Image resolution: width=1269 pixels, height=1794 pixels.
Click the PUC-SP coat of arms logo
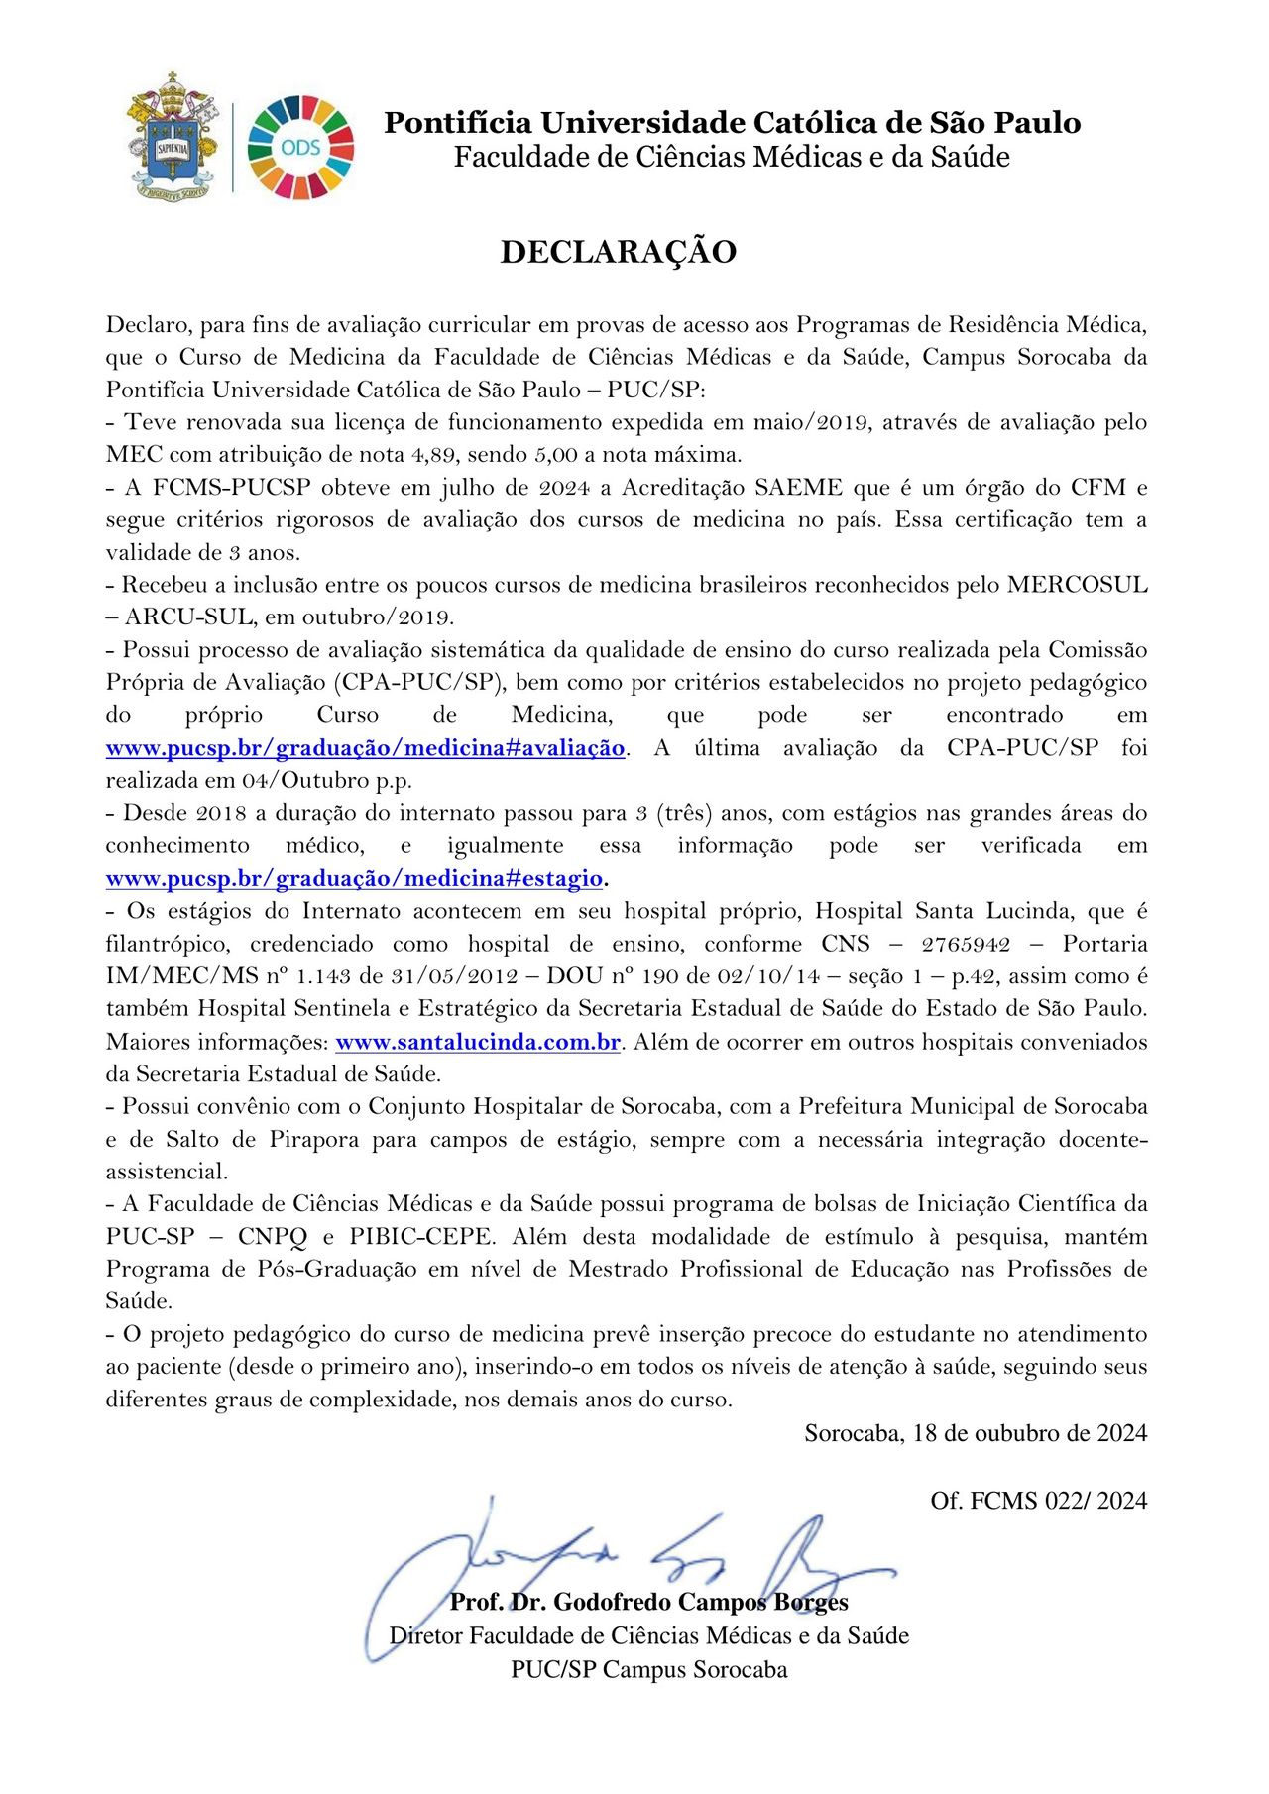173,136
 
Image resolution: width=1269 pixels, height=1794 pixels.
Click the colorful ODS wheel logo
300,148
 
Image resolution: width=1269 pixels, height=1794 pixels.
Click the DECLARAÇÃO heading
618,252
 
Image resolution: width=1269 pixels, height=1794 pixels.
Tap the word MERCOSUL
1077,585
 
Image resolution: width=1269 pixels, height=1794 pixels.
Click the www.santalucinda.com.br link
478,1042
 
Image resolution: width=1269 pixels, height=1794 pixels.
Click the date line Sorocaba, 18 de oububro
976,1433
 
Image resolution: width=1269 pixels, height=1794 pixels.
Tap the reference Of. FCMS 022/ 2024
1038,1501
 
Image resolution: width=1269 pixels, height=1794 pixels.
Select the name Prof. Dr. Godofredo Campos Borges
648,1603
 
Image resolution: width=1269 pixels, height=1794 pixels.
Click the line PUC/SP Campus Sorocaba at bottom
648,1670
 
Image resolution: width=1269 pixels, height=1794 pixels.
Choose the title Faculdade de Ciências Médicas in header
732,157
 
